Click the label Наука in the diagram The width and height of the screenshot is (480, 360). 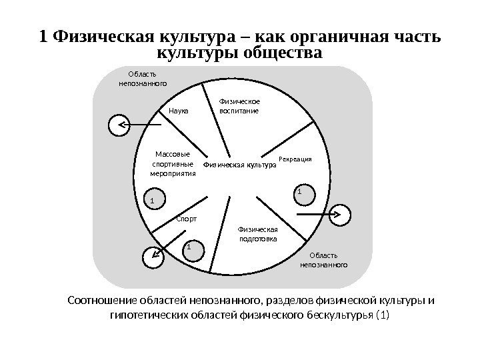[179, 111]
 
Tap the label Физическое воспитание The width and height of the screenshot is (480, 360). [239, 106]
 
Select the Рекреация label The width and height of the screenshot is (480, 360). [295, 159]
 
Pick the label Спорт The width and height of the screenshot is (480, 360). [187, 219]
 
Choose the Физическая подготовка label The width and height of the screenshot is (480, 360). [257, 234]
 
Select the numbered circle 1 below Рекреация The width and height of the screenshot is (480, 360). [299, 193]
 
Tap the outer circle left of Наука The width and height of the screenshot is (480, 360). [119, 125]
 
